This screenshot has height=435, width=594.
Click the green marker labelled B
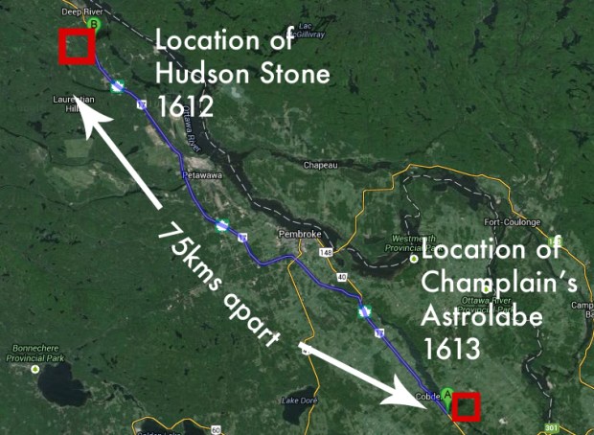pyautogui.click(x=93, y=23)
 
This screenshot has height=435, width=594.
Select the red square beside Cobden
pyautogui.click(x=467, y=406)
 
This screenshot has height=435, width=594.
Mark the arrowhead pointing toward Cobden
pyautogui.click(x=418, y=397)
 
